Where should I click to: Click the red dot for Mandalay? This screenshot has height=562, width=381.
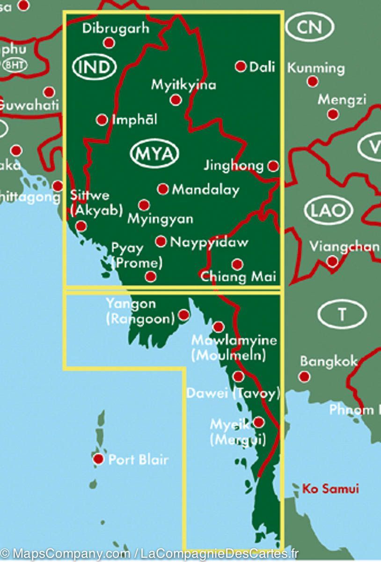[163, 189]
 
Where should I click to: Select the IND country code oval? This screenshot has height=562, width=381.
[94, 67]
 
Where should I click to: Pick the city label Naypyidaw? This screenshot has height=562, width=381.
[209, 242]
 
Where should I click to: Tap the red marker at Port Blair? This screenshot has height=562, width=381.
[98, 459]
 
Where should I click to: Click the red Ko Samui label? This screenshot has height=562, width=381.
[330, 489]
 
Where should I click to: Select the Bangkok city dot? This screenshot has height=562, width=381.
[305, 376]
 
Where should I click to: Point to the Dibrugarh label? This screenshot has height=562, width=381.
[116, 29]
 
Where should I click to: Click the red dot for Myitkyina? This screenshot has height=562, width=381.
[176, 100]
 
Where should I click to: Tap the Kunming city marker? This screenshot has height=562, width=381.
[313, 81]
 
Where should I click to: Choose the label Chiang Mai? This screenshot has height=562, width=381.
[238, 276]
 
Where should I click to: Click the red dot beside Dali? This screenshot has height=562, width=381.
[241, 67]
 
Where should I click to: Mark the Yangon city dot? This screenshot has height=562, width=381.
[184, 314]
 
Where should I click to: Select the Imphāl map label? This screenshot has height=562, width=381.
[134, 120]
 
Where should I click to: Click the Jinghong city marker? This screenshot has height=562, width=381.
[273, 166]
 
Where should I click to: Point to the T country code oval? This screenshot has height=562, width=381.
[342, 314]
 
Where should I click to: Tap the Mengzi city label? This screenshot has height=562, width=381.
[342, 99]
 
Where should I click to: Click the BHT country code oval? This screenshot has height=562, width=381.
[15, 64]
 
